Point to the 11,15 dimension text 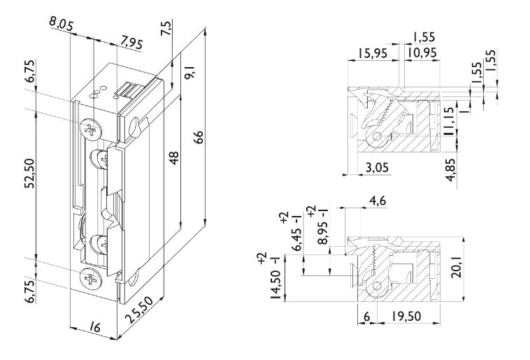pyautogui.click(x=449, y=127)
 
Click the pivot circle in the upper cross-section pyautogui.click(x=378, y=137)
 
